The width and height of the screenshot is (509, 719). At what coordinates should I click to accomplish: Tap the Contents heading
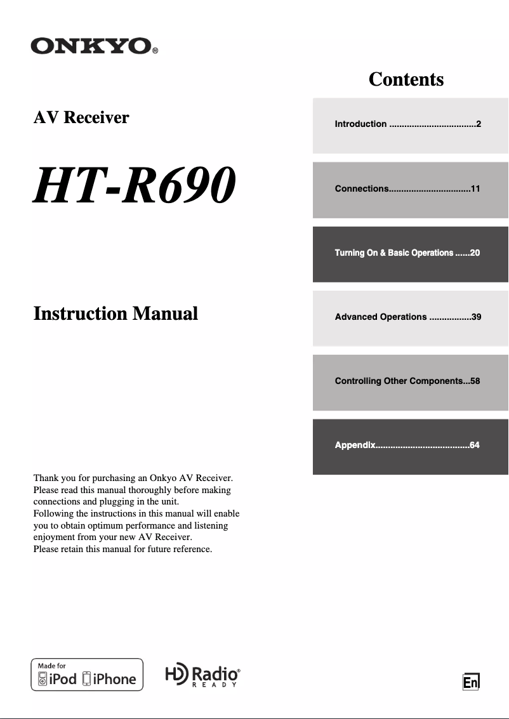pyautogui.click(x=406, y=79)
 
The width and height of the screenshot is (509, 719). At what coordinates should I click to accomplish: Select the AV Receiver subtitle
pyautogui.click(x=81, y=117)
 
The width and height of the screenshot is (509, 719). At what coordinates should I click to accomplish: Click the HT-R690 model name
pyautogui.click(x=135, y=185)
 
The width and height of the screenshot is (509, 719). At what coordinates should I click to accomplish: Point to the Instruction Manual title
pyautogui.click(x=116, y=313)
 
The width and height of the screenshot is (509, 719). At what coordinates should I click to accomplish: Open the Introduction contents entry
pyautogui.click(x=360, y=124)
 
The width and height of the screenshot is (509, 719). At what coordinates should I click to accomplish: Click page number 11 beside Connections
pyautogui.click(x=475, y=189)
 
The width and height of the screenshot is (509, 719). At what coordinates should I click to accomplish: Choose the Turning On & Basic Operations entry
pyautogui.click(x=394, y=253)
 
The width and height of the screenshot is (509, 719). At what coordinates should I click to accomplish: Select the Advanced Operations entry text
pyautogui.click(x=381, y=317)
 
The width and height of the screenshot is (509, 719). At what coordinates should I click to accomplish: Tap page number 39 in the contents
pyautogui.click(x=476, y=317)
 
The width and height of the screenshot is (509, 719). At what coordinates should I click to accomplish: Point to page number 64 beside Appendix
pyautogui.click(x=475, y=445)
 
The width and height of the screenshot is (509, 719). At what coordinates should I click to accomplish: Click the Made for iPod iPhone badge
pyautogui.click(x=87, y=675)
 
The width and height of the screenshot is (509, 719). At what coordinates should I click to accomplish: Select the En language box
pyautogui.click(x=470, y=682)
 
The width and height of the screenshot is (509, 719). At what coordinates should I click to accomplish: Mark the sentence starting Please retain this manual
pyautogui.click(x=122, y=549)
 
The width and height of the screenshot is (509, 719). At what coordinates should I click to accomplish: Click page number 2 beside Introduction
pyautogui.click(x=479, y=124)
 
